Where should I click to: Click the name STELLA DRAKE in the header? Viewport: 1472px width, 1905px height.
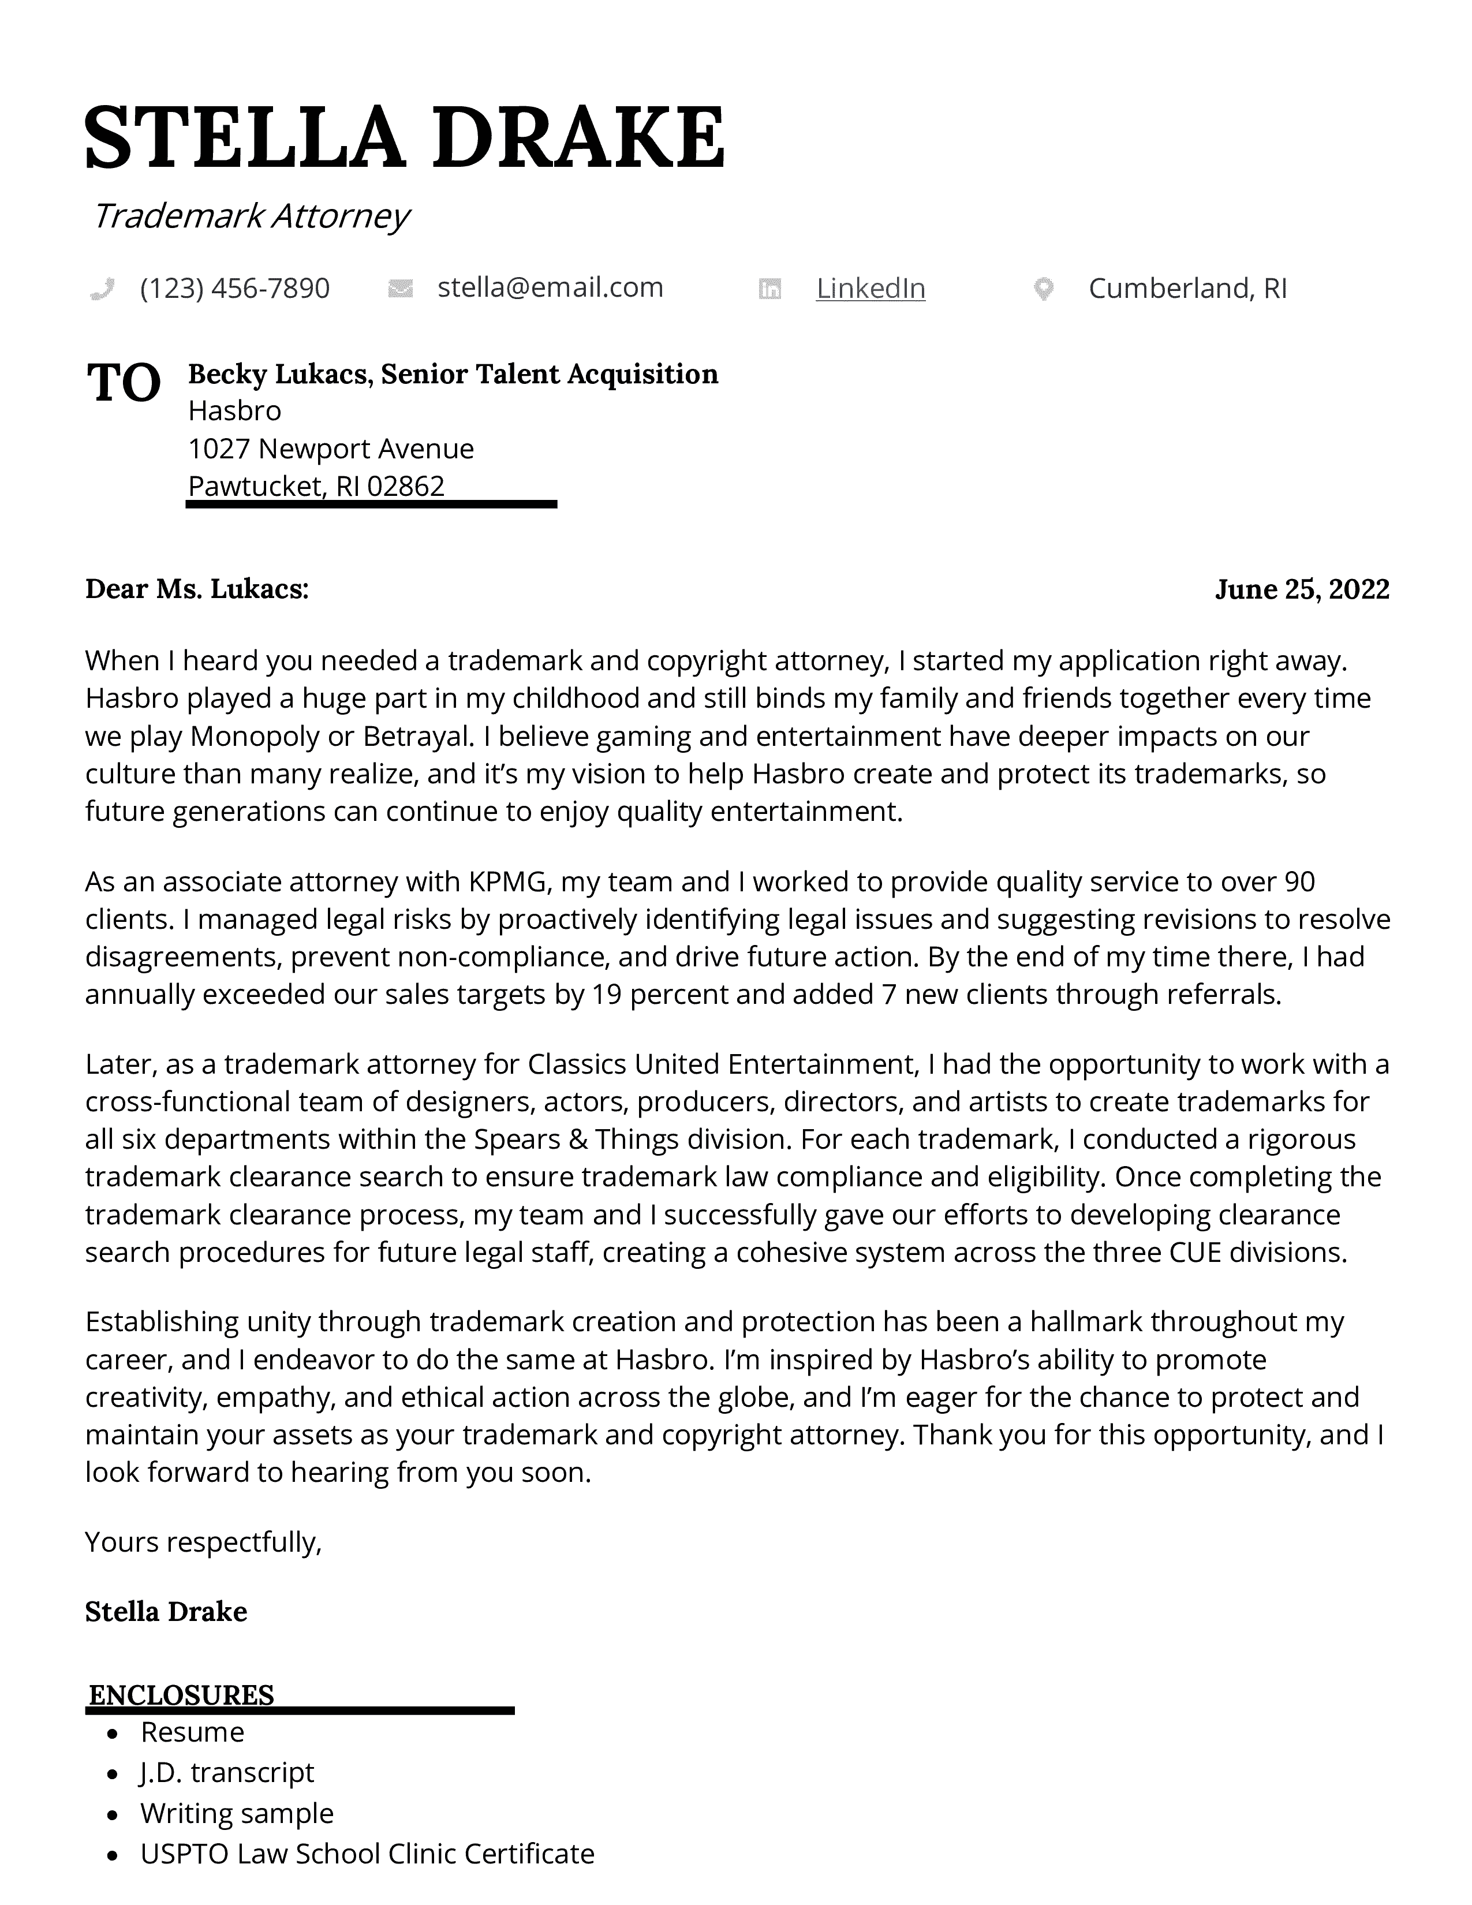click(x=405, y=137)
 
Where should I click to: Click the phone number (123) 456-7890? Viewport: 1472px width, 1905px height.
click(x=234, y=288)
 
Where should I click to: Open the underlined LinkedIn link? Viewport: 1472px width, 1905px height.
click(x=871, y=288)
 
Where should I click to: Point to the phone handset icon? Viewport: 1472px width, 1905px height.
click(x=102, y=289)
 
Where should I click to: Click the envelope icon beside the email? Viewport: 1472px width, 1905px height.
click(x=400, y=288)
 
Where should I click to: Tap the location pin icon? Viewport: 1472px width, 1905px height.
click(x=1043, y=289)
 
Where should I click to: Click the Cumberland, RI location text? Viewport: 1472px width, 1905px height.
click(x=1188, y=288)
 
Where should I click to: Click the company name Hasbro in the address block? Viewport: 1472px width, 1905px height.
click(x=234, y=411)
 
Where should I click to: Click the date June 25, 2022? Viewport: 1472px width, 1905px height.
click(x=1301, y=589)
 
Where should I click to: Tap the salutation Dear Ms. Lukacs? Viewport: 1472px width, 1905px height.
click(x=197, y=589)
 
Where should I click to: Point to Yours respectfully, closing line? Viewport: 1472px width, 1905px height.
click(x=203, y=1542)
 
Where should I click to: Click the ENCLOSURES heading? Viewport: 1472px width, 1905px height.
click(x=181, y=1695)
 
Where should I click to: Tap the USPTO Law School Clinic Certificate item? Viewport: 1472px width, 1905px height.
click(x=367, y=1854)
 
